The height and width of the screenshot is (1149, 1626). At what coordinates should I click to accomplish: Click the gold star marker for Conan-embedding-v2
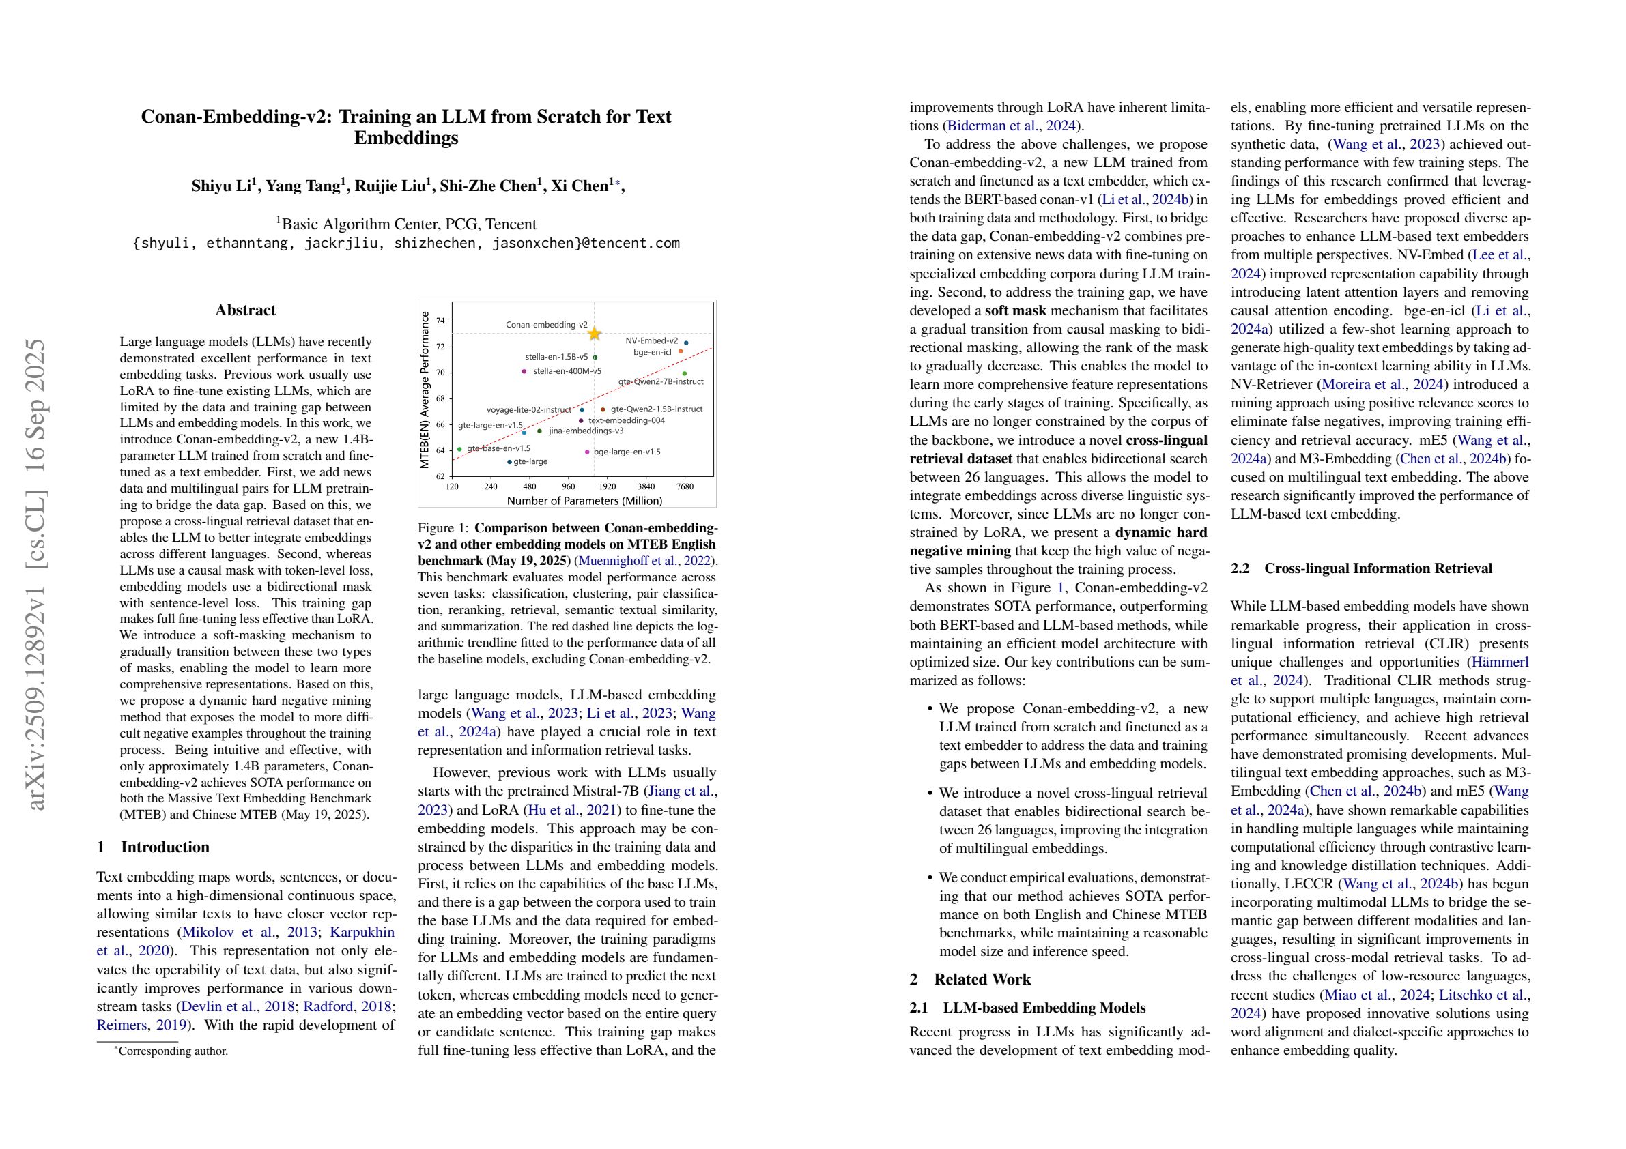(594, 334)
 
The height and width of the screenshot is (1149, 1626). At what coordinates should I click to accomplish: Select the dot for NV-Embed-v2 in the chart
(685, 343)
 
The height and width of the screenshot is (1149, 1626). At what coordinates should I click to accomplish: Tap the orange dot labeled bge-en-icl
(681, 351)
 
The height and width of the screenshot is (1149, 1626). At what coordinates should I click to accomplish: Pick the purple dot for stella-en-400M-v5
(524, 371)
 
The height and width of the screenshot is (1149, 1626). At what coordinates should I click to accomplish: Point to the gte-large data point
(509, 463)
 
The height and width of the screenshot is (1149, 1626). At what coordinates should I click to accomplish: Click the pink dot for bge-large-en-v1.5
(587, 452)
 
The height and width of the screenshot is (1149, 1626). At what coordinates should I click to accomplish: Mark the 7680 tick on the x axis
(685, 486)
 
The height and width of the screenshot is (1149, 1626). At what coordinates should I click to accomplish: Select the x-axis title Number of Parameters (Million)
(584, 501)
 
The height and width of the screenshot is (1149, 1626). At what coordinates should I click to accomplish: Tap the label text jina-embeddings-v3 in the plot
(586, 431)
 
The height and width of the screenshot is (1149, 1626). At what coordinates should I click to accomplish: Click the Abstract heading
(245, 310)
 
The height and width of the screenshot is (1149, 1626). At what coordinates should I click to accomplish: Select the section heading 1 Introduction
(153, 847)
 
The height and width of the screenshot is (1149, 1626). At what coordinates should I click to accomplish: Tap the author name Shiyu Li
(223, 186)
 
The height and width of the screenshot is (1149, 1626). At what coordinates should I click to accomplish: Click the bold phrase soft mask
(1016, 310)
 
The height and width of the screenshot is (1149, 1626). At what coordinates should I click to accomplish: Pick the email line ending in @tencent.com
(405, 244)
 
